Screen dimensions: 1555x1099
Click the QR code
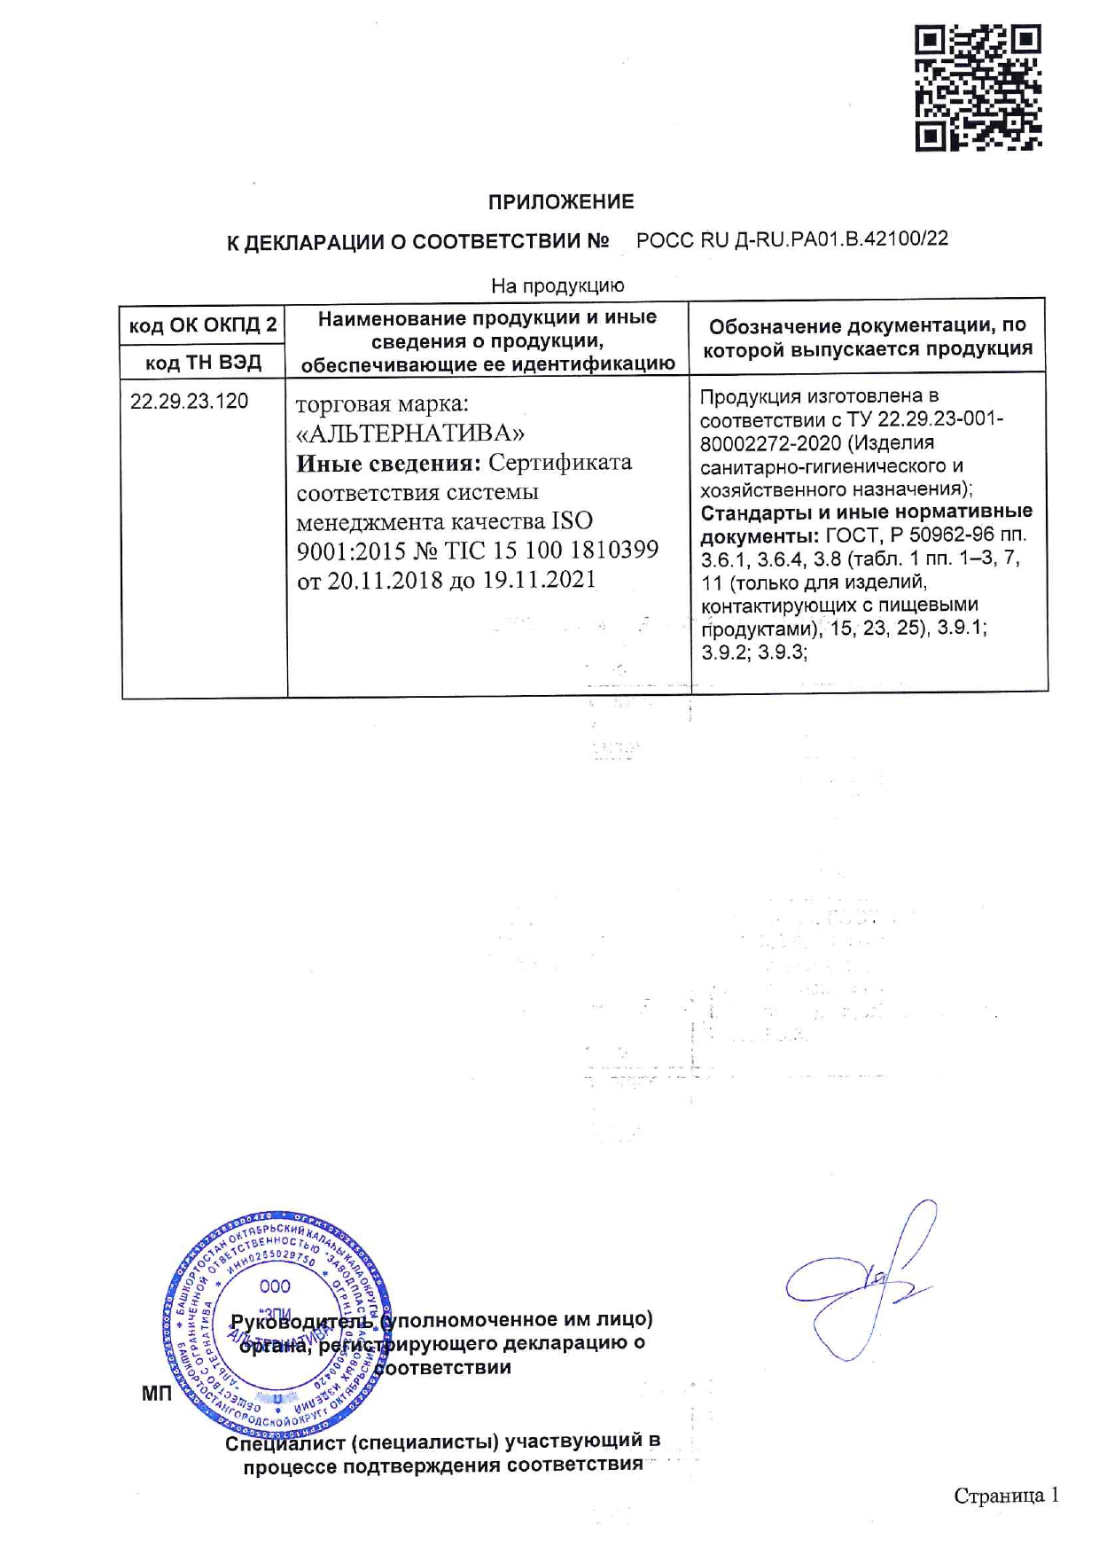978,87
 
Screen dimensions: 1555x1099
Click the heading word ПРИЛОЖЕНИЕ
561,202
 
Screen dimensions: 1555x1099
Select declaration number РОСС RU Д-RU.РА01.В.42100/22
791,239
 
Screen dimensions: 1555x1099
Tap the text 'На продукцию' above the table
557,285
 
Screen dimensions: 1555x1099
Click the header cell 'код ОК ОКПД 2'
203,325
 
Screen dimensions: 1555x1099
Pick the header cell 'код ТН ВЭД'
203,363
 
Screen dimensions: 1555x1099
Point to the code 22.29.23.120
190,402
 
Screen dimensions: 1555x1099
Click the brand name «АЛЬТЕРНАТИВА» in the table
409,434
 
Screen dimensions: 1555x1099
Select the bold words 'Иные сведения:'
389,463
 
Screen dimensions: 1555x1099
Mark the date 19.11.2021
539,581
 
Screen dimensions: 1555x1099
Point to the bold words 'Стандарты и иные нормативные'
866,512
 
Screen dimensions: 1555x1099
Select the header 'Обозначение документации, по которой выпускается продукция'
868,338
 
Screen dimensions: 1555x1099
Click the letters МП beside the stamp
157,1395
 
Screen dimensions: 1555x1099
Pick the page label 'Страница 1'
1005,1496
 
